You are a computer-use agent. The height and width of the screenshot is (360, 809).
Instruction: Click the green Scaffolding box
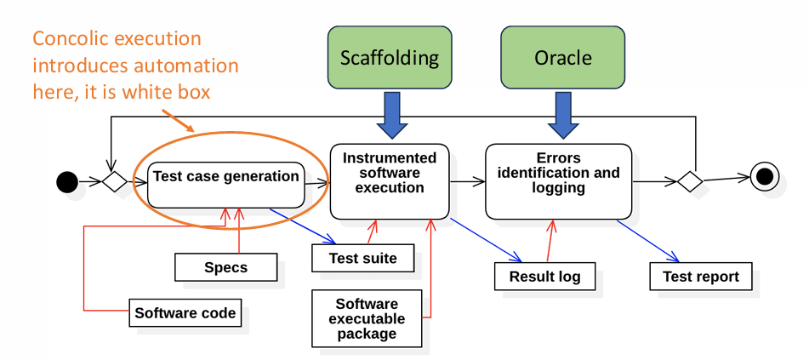pos(390,58)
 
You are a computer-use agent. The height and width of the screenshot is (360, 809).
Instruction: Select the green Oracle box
pos(562,58)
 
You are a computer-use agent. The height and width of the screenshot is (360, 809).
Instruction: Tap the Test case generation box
pos(225,177)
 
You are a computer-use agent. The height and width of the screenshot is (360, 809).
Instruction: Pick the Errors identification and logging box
pos(558,180)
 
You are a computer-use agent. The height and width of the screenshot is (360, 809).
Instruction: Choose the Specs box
pos(226,267)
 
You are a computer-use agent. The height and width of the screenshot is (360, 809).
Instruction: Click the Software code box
pos(185,312)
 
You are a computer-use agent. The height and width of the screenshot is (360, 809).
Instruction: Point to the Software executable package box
pos(366,318)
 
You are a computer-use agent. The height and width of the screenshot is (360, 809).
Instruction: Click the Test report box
pos(701,276)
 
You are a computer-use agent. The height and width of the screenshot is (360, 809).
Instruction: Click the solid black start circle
pos(67,181)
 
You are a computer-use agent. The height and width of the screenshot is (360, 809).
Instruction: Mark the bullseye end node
pos(764,177)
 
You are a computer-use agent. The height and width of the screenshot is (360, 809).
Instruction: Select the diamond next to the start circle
pos(114,181)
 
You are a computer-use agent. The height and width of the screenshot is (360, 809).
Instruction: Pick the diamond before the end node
pos(689,180)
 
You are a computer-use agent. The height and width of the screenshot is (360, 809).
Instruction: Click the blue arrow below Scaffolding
pos(390,117)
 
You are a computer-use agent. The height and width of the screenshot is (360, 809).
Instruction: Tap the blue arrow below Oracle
pos(563,117)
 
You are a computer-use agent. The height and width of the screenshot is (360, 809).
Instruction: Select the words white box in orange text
pos(179,91)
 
